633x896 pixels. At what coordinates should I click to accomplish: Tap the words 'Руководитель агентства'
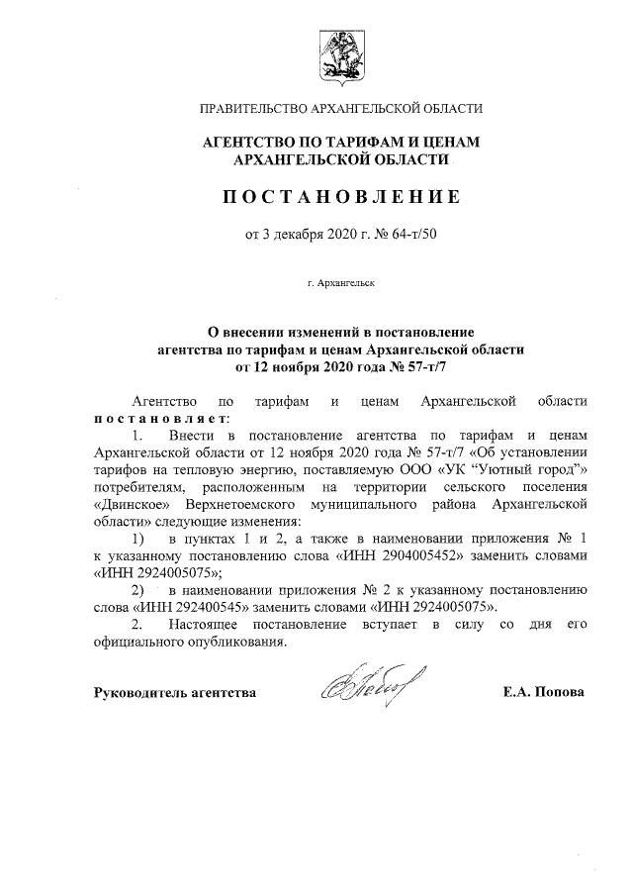click(x=175, y=692)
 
